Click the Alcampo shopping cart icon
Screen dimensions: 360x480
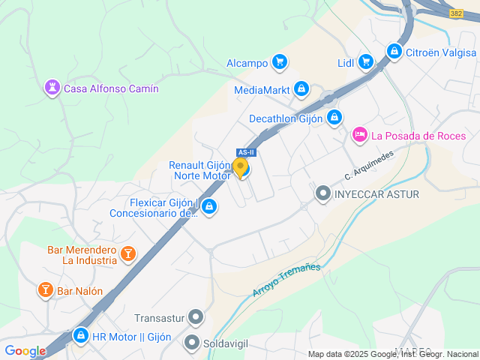280,62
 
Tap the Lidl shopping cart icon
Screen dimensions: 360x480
365,61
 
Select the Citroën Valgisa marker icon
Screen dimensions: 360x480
394,52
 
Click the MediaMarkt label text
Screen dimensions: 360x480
262,90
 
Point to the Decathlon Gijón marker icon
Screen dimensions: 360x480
334,118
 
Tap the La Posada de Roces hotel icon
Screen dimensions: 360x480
360,135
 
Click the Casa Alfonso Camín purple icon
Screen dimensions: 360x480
52,88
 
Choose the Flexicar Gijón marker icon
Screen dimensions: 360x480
209,205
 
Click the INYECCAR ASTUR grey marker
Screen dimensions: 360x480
323,194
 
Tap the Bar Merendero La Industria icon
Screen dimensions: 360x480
128,254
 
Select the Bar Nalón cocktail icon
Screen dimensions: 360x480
45,290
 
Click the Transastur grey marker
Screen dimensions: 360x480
196,318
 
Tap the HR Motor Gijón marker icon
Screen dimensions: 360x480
80,335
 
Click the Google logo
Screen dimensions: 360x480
25,351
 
